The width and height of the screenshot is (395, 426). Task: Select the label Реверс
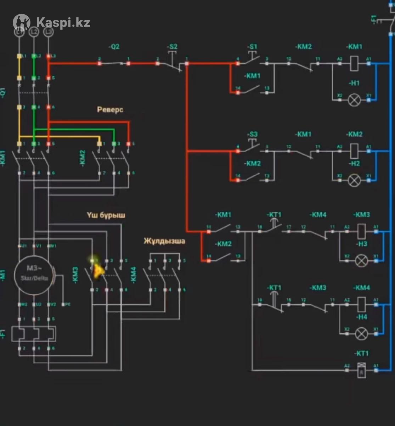pos(110,110)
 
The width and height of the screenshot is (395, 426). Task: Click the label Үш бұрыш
pos(106,215)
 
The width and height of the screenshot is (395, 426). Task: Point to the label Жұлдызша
pos(164,241)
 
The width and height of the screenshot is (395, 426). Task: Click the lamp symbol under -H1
pos(354,100)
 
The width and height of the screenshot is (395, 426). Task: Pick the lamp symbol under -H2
pos(354,180)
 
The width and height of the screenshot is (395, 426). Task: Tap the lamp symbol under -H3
pos(361,261)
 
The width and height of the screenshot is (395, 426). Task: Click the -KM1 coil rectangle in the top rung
pos(354,63)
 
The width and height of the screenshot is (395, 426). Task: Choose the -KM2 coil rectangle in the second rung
pos(354,151)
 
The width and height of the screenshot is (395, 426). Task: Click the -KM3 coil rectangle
pos(361,231)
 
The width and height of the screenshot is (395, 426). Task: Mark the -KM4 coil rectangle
pos(361,304)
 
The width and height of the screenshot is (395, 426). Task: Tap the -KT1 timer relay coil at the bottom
pos(361,370)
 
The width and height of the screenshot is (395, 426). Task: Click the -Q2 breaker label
pos(114,47)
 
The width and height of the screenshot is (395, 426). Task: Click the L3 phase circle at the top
pos(48,32)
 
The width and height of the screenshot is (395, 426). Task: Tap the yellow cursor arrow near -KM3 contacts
pos(97,271)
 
